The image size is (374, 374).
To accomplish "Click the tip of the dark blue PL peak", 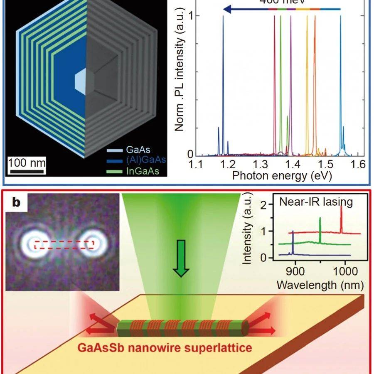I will [223, 17].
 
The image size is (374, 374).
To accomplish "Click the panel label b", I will [16, 202].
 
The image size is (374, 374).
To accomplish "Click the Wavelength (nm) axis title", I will [320, 285].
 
